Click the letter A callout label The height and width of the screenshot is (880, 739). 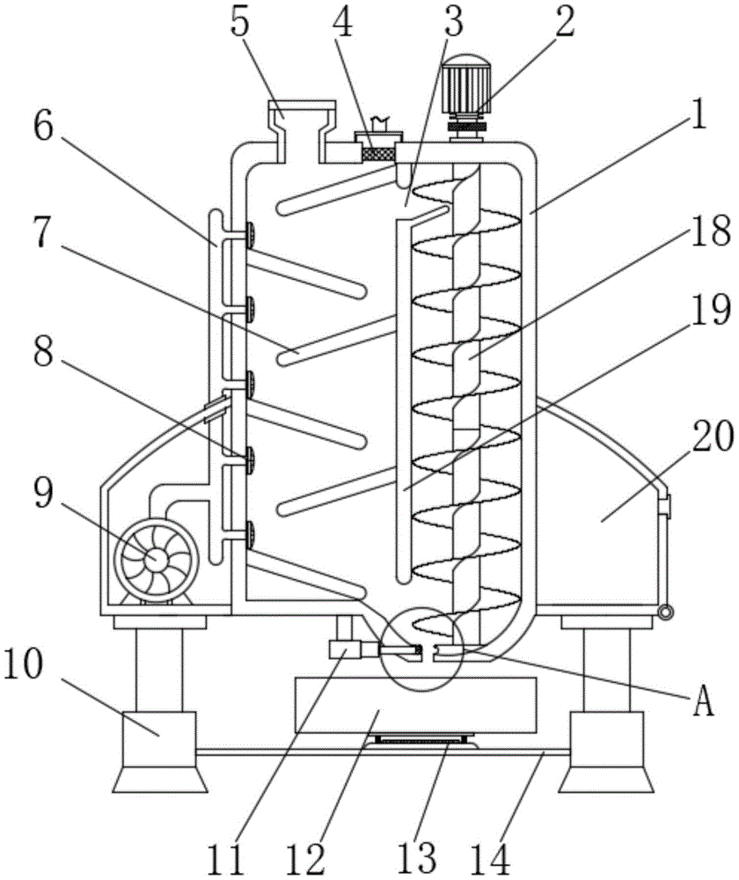[703, 701]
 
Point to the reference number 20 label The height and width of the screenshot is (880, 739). [713, 436]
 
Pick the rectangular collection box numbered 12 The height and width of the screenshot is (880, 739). [415, 705]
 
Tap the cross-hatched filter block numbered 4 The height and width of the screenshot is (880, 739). [376, 153]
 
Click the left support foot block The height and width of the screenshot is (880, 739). [159, 752]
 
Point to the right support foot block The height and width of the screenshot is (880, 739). [606, 752]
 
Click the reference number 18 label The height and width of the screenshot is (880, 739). [712, 231]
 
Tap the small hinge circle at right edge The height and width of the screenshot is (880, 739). [665, 612]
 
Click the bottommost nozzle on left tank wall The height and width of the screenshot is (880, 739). [249, 535]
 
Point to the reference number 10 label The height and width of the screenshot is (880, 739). [23, 666]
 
